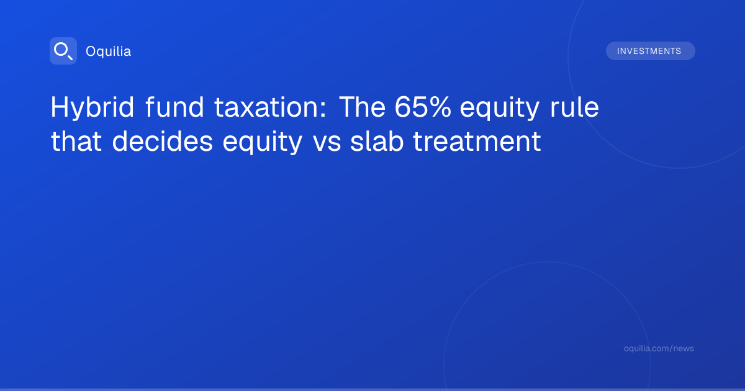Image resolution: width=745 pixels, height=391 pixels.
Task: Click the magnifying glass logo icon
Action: (63, 51)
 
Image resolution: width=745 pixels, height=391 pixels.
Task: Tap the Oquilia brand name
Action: (109, 51)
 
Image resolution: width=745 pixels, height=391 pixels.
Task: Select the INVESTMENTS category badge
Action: (650, 51)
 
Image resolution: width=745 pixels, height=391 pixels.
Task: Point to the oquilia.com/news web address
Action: (659, 348)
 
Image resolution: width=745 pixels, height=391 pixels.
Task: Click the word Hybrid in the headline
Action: (92, 107)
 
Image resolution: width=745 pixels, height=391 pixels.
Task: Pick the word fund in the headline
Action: (174, 107)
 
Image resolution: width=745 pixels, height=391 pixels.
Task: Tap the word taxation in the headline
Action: (267, 107)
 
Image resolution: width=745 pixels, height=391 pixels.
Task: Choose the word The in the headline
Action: (363, 107)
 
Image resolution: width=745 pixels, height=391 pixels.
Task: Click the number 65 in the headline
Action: (410, 107)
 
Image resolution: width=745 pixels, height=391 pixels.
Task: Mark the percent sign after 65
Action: (439, 107)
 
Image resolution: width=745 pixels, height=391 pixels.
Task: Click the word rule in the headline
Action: (574, 107)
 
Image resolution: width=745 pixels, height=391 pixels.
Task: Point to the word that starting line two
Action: (76, 142)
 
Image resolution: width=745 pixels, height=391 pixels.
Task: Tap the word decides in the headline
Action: (162, 142)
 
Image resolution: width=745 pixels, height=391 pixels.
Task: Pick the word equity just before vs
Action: (263, 143)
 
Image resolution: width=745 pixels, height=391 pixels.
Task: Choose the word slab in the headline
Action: (377, 142)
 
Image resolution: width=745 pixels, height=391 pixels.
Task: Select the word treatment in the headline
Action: (477, 142)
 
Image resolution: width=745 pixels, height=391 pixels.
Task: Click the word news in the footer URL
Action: (684, 348)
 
